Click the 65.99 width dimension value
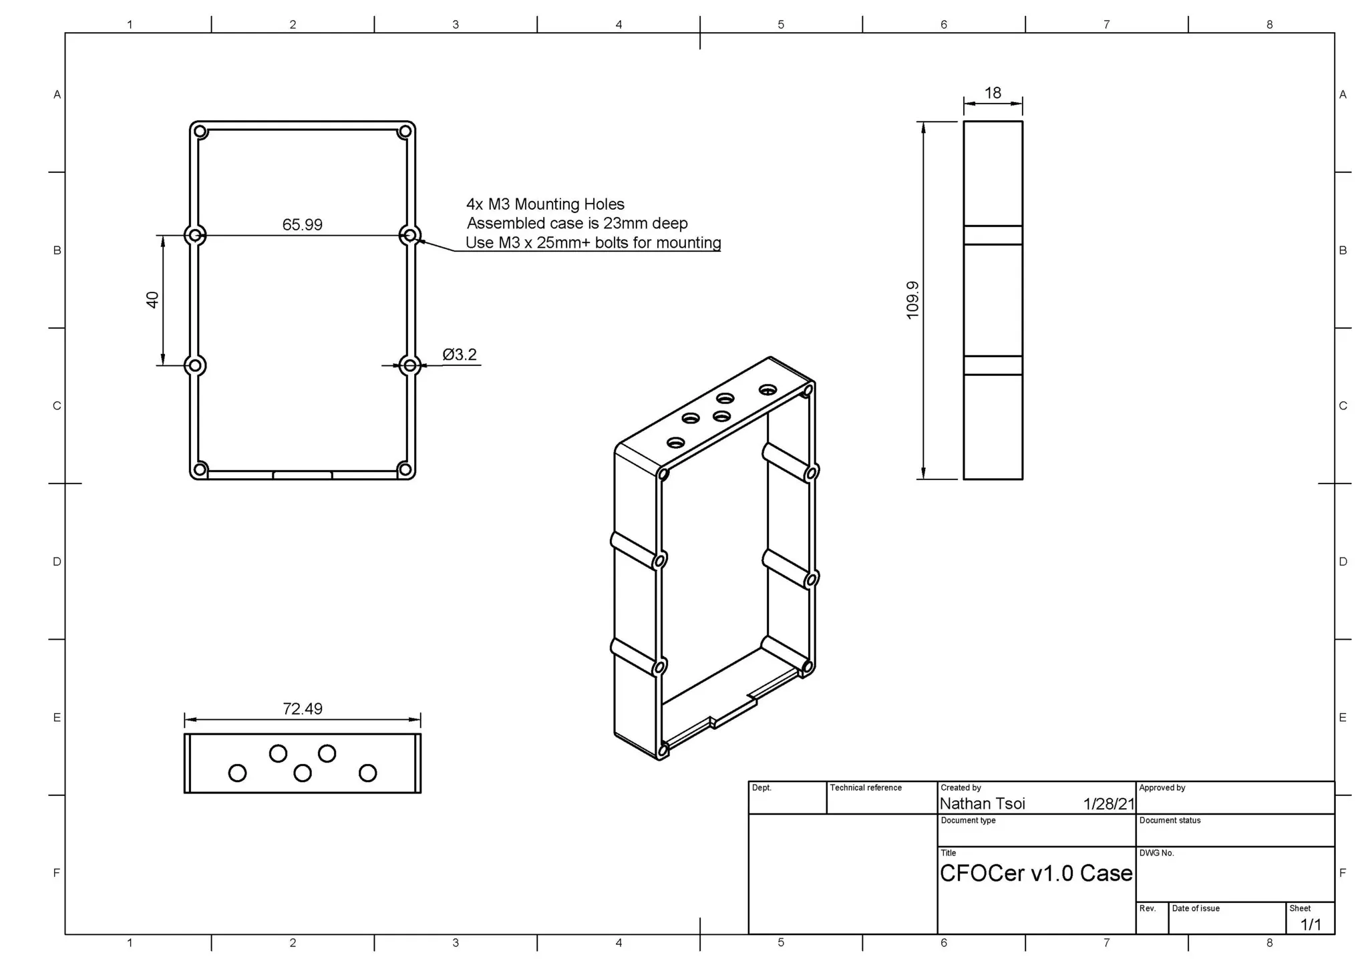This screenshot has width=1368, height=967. coord(302,224)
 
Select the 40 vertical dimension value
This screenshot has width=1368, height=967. coord(152,300)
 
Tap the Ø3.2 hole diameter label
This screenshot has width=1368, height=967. coord(460,355)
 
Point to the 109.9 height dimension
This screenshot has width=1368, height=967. coord(912,300)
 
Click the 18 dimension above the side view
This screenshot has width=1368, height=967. coord(993,93)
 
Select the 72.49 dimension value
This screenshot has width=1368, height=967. coord(302,709)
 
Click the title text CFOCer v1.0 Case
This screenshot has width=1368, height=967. coord(1035,873)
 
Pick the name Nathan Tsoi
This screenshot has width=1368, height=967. coord(982,803)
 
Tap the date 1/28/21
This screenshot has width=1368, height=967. coord(1108,804)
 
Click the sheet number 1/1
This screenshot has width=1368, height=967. coord(1310,924)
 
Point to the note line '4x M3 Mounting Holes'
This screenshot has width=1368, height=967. coord(545,204)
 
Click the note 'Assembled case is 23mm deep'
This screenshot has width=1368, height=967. coord(576,223)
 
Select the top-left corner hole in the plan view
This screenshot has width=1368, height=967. coord(200,132)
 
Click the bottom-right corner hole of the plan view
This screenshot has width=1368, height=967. coord(404,469)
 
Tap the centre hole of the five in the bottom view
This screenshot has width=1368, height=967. coord(303,773)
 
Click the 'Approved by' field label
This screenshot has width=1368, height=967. coord(1162,788)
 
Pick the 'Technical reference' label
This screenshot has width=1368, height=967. coord(865,788)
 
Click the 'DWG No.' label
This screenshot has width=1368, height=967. coord(1156,853)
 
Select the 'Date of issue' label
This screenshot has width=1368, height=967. coord(1195,908)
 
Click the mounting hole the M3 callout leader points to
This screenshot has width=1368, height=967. coord(410,235)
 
